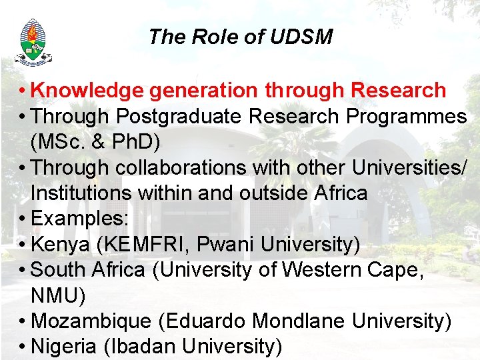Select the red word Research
click(398, 89)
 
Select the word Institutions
click(81, 193)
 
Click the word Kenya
click(60, 245)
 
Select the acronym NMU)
click(58, 296)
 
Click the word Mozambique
click(91, 321)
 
